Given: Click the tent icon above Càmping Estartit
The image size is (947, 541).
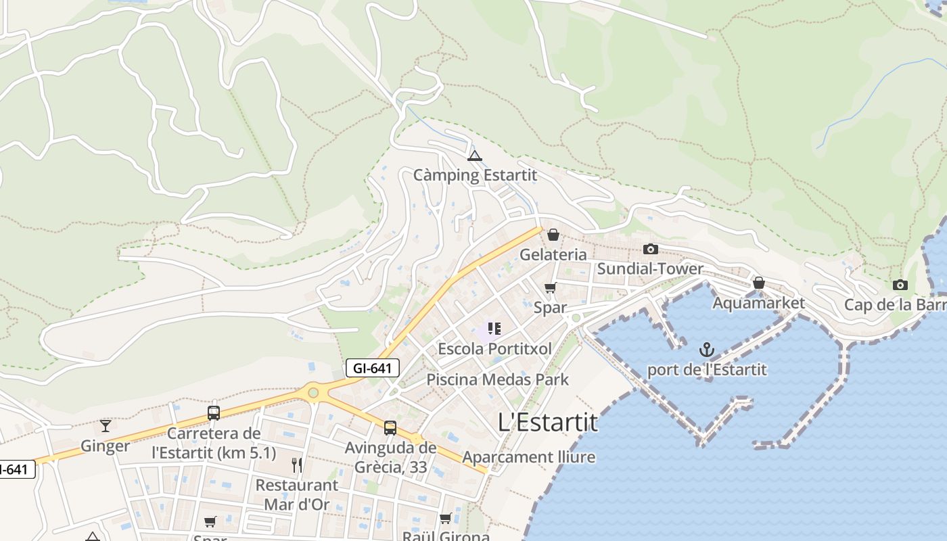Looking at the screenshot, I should [475, 156].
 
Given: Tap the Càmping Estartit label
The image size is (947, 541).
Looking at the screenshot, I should [475, 175].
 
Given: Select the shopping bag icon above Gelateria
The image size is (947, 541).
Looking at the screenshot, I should [553, 235].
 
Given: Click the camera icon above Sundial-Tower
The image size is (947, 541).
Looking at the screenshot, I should [651, 249].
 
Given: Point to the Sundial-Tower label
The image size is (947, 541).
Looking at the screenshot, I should [650, 268].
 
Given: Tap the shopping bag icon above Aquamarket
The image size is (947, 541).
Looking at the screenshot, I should [759, 283].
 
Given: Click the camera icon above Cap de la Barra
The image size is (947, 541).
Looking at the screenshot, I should [900, 285].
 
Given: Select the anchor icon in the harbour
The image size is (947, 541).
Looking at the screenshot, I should [706, 350].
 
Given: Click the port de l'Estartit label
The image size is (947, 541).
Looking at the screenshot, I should [707, 370].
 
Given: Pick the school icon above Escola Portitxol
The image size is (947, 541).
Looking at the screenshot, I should [494, 329].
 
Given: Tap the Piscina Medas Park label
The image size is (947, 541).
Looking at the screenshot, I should [497, 379].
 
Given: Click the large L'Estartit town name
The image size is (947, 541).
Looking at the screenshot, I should [548, 423].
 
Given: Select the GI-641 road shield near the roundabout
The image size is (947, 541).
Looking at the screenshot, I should [373, 368].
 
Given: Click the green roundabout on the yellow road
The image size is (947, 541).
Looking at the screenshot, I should [313, 392].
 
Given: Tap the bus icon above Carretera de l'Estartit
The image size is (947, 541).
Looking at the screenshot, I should [214, 413].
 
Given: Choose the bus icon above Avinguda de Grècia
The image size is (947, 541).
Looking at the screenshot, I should [390, 427].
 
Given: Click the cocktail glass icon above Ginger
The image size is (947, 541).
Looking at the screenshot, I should [106, 425].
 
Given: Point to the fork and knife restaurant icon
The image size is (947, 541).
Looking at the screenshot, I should [296, 465].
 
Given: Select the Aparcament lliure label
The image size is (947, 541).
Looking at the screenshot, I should [529, 457].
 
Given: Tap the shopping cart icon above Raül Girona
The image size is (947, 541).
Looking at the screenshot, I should [445, 519].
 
